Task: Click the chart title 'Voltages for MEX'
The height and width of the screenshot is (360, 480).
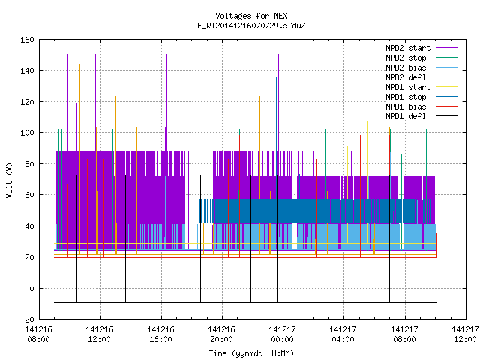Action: click(x=251, y=16)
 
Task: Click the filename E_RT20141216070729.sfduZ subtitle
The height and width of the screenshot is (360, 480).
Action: click(x=251, y=25)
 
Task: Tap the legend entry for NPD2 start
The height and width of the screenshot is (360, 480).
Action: click(x=408, y=48)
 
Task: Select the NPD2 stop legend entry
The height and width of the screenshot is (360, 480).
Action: click(x=406, y=58)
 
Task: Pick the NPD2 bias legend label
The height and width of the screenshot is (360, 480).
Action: click(x=406, y=67)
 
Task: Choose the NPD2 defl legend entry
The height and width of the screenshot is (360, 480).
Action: click(x=406, y=77)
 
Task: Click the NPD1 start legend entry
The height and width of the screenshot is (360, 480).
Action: click(x=408, y=87)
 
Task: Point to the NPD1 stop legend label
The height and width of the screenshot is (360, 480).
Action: click(x=406, y=97)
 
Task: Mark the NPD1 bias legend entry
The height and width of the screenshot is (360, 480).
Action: click(x=406, y=106)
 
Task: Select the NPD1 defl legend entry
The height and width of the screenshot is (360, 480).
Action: click(x=406, y=117)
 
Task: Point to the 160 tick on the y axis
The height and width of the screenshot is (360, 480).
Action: click(x=27, y=40)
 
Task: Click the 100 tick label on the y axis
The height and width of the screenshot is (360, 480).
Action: click(x=27, y=133)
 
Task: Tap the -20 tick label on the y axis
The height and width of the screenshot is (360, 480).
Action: click(x=27, y=319)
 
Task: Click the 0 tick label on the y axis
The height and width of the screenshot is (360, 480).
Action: click(x=31, y=288)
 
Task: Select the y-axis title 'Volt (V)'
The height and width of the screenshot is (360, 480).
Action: click(x=10, y=180)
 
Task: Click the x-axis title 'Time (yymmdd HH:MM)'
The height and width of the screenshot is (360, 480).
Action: click(x=251, y=353)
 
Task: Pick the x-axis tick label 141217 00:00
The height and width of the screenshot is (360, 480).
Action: click(x=282, y=334)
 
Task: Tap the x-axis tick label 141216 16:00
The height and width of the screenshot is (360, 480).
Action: click(x=160, y=334)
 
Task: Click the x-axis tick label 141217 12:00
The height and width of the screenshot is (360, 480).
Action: click(x=465, y=334)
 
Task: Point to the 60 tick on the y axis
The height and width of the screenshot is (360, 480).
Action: click(x=29, y=195)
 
